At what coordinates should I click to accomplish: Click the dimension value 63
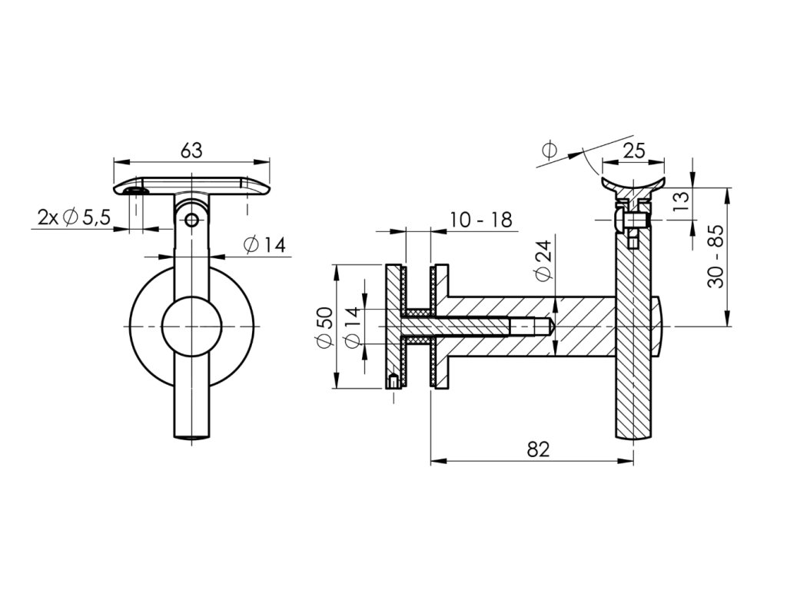coord(191,151)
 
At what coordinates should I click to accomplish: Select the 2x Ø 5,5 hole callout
coord(75,218)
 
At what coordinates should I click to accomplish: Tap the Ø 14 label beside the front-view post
coord(264,246)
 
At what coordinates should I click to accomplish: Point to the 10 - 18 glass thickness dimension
coord(480,220)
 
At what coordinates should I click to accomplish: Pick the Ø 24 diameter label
coord(543,261)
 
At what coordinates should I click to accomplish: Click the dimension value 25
coord(633,151)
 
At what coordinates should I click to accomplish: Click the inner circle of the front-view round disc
coord(192,328)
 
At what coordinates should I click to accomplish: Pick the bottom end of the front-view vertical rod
coord(192,437)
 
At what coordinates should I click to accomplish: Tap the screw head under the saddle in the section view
coord(621,221)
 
